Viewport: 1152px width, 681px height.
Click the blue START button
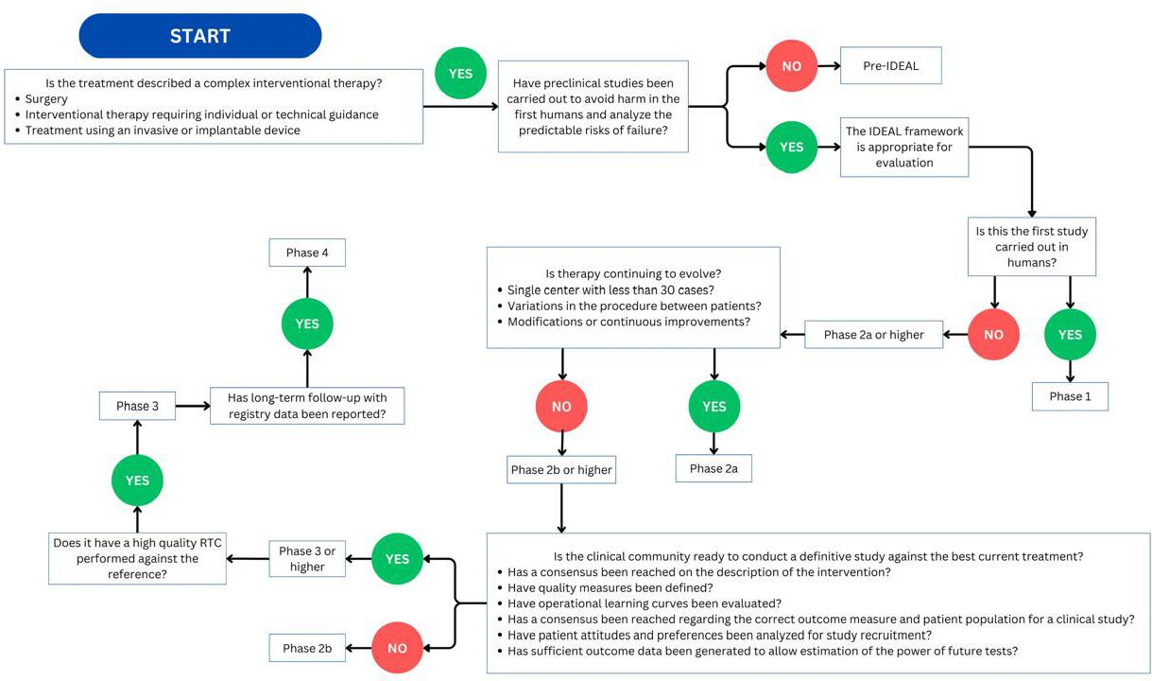click(x=200, y=36)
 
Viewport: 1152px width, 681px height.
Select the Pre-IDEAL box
click(x=891, y=65)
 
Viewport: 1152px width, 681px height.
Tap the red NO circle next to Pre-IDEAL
click(x=792, y=66)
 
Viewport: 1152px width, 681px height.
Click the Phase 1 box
click(x=1070, y=396)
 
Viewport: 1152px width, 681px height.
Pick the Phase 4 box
click(x=307, y=253)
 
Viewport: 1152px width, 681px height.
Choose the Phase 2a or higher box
click(x=874, y=335)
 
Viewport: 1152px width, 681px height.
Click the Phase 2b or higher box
click(x=561, y=469)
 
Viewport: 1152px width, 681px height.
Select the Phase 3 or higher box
click(x=307, y=558)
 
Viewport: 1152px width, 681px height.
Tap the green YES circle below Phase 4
click(x=307, y=323)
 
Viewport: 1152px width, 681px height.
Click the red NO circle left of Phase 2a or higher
click(x=993, y=335)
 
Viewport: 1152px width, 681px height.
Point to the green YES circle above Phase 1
click(x=1070, y=335)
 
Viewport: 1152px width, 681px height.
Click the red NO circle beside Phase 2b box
click(x=397, y=648)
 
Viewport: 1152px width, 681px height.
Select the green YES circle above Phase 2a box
click(x=714, y=406)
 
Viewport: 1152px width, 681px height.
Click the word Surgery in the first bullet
click(x=46, y=98)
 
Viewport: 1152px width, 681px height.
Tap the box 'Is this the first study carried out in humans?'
click(x=1032, y=247)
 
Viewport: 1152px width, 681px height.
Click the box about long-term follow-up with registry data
click(x=307, y=406)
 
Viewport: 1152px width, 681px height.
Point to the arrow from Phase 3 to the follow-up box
click(x=193, y=406)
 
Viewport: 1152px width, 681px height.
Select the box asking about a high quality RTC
click(x=137, y=558)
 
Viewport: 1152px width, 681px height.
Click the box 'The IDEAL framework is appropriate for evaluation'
click(x=904, y=148)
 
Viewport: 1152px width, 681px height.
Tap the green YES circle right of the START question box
click(x=460, y=73)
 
